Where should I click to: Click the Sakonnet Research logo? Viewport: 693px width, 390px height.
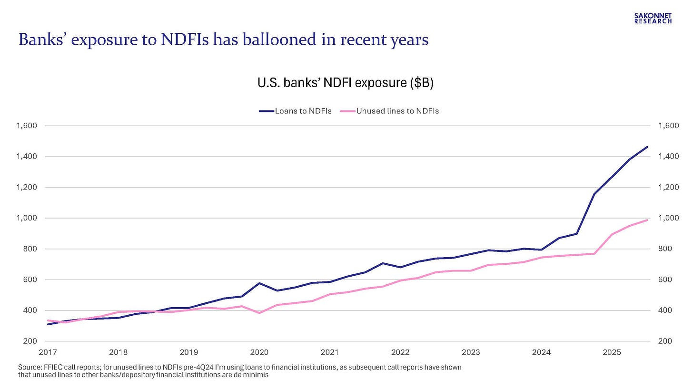pos(653,18)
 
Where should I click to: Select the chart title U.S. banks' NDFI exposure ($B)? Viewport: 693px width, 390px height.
pos(345,83)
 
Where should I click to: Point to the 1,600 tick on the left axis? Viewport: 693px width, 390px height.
pos(26,126)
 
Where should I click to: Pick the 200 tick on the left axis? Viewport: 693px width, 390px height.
pos(30,341)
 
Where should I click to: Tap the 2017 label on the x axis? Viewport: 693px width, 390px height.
pos(48,353)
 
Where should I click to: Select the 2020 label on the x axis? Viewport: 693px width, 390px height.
pos(259,353)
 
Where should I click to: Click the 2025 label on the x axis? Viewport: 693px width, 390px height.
pos(612,353)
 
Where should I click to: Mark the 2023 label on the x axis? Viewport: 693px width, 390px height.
pos(471,353)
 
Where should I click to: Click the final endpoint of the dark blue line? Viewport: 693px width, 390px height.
pos(647,147)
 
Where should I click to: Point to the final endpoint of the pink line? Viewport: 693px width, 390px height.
pos(647,220)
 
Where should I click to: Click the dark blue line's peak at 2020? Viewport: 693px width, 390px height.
pos(259,283)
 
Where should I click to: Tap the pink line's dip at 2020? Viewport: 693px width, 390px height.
pos(259,313)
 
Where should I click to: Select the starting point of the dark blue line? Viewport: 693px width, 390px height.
pos(48,324)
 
